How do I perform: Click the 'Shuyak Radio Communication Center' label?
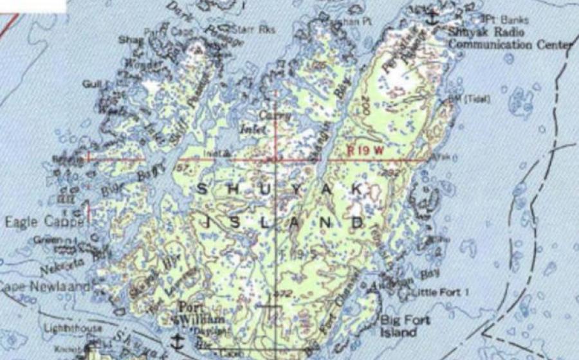click(510, 39)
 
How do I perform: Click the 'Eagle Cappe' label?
click(45, 222)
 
